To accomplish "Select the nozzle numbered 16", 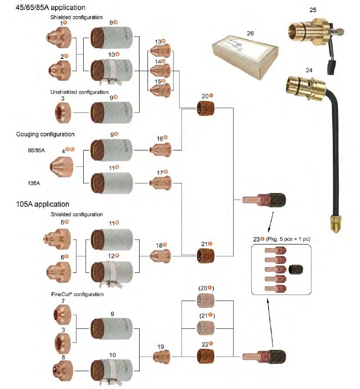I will [160, 150].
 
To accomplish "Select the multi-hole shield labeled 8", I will [62, 369].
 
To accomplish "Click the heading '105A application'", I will [43, 204].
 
